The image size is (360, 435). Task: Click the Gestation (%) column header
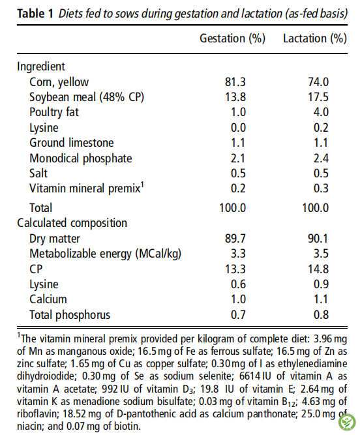(232, 38)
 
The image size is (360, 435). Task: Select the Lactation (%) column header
(315, 38)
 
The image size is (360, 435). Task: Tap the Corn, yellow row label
(59, 82)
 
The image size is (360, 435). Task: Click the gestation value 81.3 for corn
(235, 82)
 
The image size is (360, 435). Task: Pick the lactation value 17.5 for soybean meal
(318, 97)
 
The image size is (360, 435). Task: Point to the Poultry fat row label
(54, 112)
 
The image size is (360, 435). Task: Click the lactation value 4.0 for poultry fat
(321, 112)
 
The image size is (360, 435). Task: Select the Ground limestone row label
(72, 143)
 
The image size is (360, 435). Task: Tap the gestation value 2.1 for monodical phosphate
(238, 158)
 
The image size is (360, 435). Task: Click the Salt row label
(38, 173)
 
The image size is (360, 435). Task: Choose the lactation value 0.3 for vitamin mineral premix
(321, 188)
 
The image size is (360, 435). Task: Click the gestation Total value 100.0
(232, 208)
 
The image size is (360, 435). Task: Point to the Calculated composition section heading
(72, 223)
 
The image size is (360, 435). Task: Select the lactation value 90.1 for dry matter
(318, 238)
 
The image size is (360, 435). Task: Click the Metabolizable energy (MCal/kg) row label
(106, 254)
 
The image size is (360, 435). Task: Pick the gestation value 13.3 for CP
(235, 269)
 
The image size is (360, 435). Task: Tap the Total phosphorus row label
(70, 315)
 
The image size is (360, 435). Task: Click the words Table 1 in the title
(35, 13)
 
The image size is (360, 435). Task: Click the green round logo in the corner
(347, 422)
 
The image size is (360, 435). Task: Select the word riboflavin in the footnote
(37, 414)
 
